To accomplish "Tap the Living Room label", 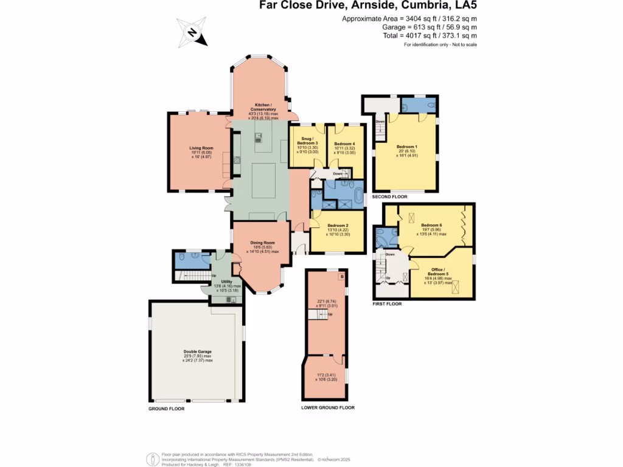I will click(x=201, y=148).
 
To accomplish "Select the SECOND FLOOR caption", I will click(x=390, y=197).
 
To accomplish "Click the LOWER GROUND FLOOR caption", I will click(x=327, y=407).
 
